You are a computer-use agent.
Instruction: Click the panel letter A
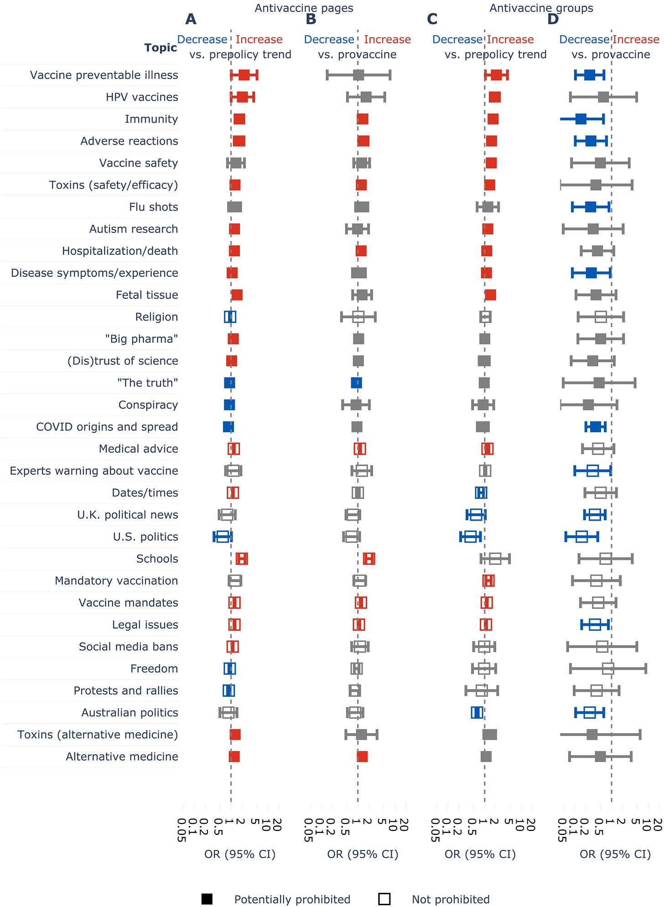coord(191,19)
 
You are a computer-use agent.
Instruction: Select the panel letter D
coord(553,19)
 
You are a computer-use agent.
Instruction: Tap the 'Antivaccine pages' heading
coord(304,8)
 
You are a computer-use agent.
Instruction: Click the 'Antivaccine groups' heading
coord(541,8)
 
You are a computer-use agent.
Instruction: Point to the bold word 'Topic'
coord(161,47)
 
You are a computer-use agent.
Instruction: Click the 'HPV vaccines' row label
coord(142,97)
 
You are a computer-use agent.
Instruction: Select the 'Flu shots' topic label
coord(153,207)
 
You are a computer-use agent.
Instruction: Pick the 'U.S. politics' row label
coord(145,537)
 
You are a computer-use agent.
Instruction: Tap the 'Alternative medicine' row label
coord(122,757)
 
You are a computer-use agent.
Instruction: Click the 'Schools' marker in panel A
coord(242,559)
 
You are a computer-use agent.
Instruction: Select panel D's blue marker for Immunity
coord(581,119)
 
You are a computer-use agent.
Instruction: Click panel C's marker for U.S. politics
coord(470,537)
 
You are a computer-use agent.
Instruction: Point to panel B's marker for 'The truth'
coord(357,383)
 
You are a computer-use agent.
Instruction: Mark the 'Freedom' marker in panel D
coord(608,669)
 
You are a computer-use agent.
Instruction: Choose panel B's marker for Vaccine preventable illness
coord(358,75)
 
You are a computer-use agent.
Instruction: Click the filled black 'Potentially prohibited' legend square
coord(207,899)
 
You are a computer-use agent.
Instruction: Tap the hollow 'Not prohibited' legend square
coord(384,899)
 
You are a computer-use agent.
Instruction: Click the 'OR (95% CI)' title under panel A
coord(240,854)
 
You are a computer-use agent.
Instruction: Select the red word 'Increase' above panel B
coord(387,40)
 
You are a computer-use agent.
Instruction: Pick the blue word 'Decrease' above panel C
coord(457,40)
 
